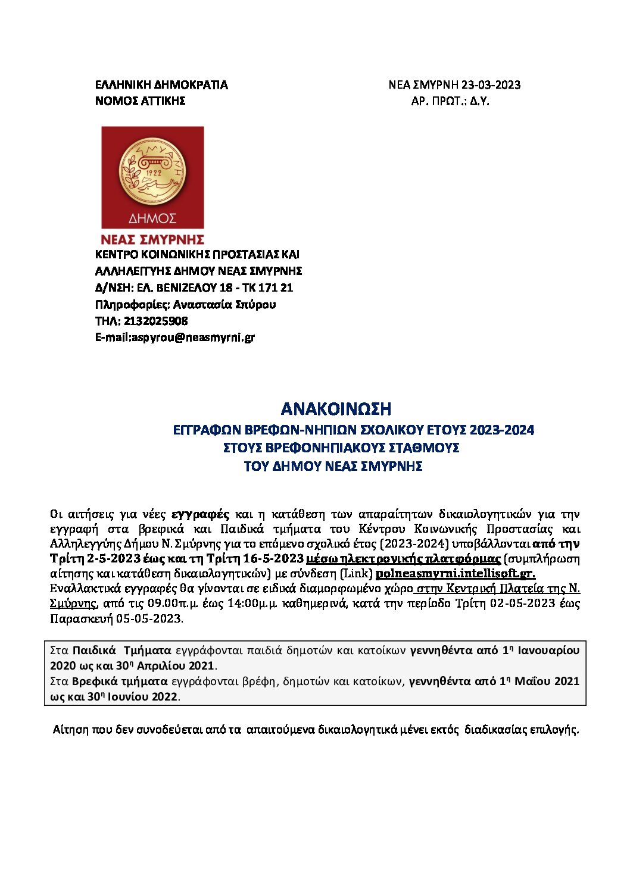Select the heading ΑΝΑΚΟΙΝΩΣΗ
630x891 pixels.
coord(336,409)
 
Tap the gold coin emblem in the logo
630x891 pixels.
coord(152,172)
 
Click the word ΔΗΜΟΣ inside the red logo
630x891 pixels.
coord(152,218)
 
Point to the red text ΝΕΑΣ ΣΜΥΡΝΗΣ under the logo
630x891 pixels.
coord(152,240)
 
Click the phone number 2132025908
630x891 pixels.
coord(156,321)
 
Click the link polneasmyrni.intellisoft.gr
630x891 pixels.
coord(456,574)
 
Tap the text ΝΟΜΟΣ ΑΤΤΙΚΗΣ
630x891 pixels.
coord(141,101)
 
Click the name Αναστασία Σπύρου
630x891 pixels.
coord(224,305)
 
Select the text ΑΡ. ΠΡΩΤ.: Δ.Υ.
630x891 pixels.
coord(450,101)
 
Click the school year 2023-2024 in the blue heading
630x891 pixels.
coord(501,430)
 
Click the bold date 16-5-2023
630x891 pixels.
coord(273,558)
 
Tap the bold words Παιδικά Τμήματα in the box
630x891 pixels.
coord(121,651)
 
